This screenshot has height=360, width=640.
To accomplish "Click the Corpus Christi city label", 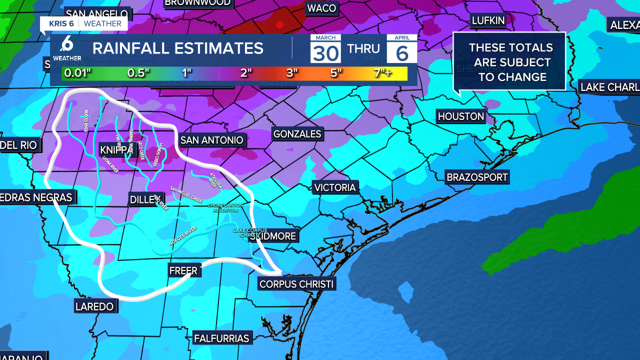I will tap(296, 284).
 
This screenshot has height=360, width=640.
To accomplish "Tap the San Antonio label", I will tap(211, 140).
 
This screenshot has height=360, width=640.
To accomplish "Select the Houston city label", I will tap(460, 116).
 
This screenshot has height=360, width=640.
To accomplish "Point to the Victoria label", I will tap(335, 187).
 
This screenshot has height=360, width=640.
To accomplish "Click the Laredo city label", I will tap(94, 306).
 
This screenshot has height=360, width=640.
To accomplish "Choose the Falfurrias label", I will tap(222, 338).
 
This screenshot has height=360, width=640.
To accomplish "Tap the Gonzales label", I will tap(297, 134).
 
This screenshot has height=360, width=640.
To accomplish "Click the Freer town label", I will tap(183, 270).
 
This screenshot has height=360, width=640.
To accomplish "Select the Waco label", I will tap(321, 8).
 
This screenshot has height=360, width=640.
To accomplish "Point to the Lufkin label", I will tap(488, 20).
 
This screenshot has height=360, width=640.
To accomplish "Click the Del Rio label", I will tap(18, 145).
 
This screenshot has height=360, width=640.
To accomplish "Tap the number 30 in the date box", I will tap(326, 52).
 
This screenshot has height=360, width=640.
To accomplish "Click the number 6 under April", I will tap(402, 52).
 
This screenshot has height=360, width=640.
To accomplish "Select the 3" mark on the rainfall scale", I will tap(292, 72).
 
